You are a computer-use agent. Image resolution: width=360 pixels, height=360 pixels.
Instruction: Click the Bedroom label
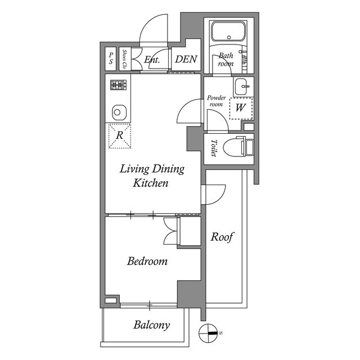[x=147, y=262]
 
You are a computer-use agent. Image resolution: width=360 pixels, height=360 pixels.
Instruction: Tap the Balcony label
[x=151, y=325]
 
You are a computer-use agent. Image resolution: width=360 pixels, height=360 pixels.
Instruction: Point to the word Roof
[x=222, y=237]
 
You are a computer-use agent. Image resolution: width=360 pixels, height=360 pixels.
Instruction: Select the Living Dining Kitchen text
[x=151, y=175]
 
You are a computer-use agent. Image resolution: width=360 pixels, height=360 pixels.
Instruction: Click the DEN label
[x=186, y=59]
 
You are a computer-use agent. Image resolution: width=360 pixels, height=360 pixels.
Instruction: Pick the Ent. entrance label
[x=152, y=60]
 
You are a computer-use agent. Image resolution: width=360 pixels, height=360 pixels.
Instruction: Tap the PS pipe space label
[x=111, y=58]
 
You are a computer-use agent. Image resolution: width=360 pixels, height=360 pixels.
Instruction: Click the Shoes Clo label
[x=124, y=59]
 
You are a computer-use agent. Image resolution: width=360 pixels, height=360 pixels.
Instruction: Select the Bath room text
[x=226, y=59]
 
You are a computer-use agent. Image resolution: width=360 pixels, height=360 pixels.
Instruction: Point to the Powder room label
[x=216, y=101]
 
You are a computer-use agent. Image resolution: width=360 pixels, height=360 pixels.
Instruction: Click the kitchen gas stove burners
[x=118, y=85]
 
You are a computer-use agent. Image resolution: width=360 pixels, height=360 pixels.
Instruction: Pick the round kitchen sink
[x=118, y=111]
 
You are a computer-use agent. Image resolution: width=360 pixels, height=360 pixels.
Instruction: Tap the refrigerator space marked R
[x=119, y=136]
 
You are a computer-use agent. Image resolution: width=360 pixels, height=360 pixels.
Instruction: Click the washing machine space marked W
[x=240, y=107]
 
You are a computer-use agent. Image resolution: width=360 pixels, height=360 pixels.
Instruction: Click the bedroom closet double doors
[x=170, y=231]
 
